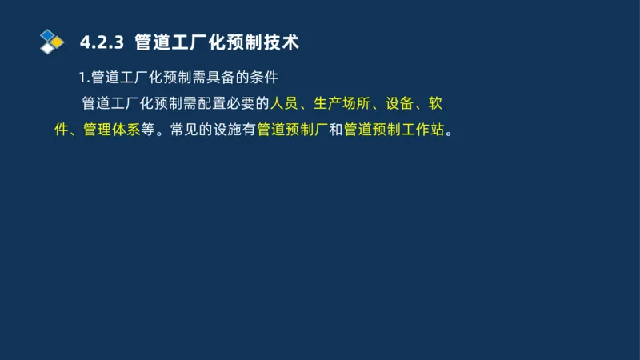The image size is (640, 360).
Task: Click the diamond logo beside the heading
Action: [x=52, y=41]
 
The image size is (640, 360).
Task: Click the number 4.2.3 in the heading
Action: [x=101, y=42]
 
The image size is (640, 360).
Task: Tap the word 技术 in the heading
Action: [x=281, y=42]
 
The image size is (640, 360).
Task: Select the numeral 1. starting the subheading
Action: [x=84, y=78]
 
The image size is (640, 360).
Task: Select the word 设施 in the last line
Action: [x=227, y=130]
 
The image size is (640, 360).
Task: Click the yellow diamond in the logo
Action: [x=58, y=42]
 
